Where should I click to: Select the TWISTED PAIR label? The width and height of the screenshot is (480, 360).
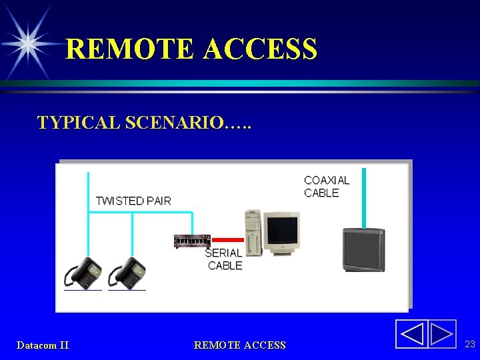pos(133,201)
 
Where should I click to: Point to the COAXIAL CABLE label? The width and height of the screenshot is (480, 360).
pos(327,187)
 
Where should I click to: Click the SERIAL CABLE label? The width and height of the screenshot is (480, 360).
pos(224,259)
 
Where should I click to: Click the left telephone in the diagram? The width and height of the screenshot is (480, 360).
pos(83,273)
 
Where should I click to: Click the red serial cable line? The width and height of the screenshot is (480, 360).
pos(228,239)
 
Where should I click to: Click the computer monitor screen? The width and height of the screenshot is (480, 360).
pos(281,230)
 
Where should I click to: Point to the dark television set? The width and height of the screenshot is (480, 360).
pos(363,250)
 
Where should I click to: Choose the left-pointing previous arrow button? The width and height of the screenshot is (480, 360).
pos(412,334)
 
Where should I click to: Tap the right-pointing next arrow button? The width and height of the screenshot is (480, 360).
pos(441,334)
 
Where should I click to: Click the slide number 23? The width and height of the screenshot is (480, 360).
pos(469,344)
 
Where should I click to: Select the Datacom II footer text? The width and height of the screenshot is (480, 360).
pos(43,345)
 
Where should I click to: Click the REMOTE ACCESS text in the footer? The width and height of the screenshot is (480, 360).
pos(239,345)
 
